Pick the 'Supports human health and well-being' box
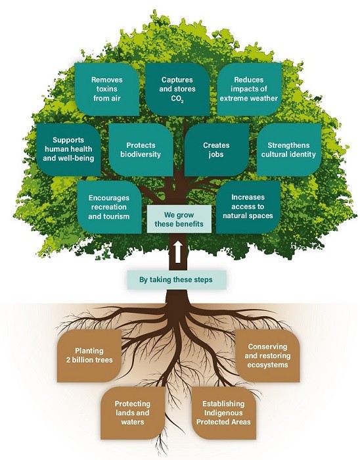[x=64, y=149]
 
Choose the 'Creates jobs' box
[x=216, y=149]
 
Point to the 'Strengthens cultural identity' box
[x=288, y=149]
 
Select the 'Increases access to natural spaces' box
[x=248, y=207]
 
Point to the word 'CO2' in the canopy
[x=177, y=99]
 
